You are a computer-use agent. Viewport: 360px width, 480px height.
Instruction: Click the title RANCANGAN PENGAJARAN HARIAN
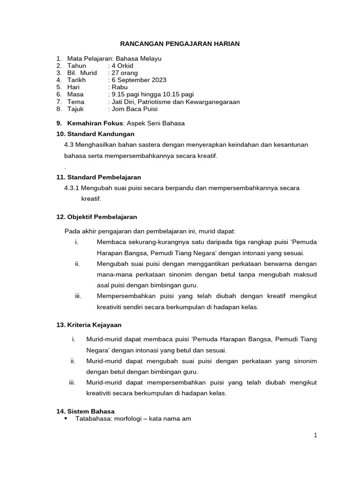pos(180,44)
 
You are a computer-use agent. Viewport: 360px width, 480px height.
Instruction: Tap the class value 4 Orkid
pos(122,66)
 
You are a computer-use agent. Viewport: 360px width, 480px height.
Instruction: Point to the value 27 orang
pos(124,73)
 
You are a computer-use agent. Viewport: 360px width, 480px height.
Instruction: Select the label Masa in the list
pos(75,94)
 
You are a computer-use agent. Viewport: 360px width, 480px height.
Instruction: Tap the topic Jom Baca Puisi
pos(134,109)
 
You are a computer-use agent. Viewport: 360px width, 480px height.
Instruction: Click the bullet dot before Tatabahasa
pos(65,418)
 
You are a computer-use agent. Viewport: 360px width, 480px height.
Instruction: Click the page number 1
pos(315,435)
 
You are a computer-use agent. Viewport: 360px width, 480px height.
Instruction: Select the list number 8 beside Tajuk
pos(59,109)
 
